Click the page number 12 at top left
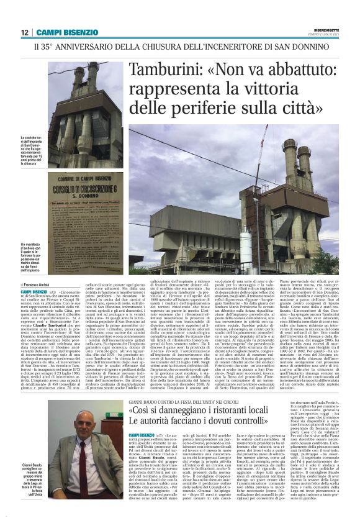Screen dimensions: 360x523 tap(24, 32)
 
